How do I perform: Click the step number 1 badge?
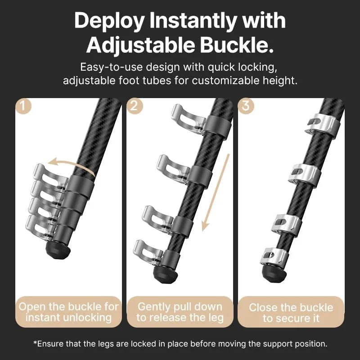coord(23,106)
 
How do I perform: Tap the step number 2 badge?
coord(135,106)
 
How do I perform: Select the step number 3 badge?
coord(246,106)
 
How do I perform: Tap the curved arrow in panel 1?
coord(73,165)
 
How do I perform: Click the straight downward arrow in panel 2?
coord(216,193)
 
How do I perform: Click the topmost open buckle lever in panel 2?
coord(188,119)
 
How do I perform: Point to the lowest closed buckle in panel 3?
coord(274,257)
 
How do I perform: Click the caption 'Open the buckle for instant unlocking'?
coord(68,312)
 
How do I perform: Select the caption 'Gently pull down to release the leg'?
coord(180,312)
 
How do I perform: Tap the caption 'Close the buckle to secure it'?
coord(291,313)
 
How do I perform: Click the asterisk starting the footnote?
coord(36,342)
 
